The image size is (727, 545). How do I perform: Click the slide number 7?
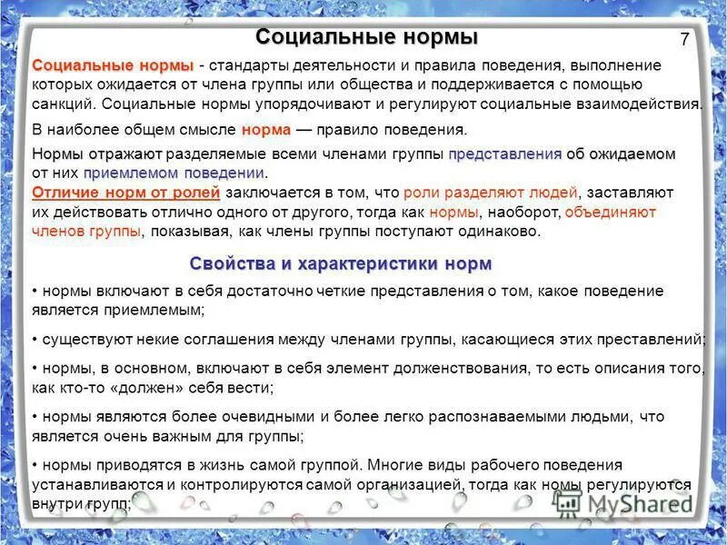684,39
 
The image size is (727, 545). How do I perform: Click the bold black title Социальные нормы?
366,38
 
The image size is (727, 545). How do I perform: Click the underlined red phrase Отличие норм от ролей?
125,193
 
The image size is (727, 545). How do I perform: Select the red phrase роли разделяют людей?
490,193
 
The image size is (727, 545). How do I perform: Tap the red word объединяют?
610,212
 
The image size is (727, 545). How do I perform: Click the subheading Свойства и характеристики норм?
341,263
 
